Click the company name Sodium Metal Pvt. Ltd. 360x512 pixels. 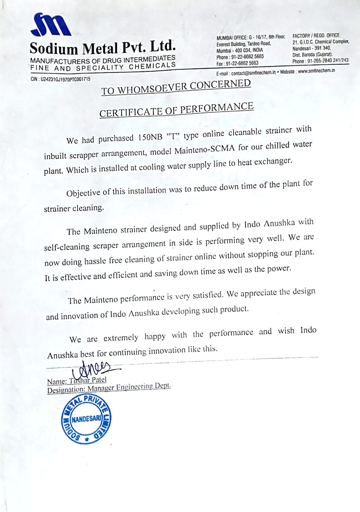(x=103, y=48)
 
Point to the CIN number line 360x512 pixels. (x=60, y=79)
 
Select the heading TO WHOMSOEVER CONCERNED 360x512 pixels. (x=176, y=87)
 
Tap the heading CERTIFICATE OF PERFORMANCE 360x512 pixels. (x=176, y=109)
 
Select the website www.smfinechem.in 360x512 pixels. (x=316, y=70)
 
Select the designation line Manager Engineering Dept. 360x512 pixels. (x=129, y=387)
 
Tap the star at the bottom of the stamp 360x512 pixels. (x=86, y=440)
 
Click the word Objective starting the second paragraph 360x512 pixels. (x=83, y=193)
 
